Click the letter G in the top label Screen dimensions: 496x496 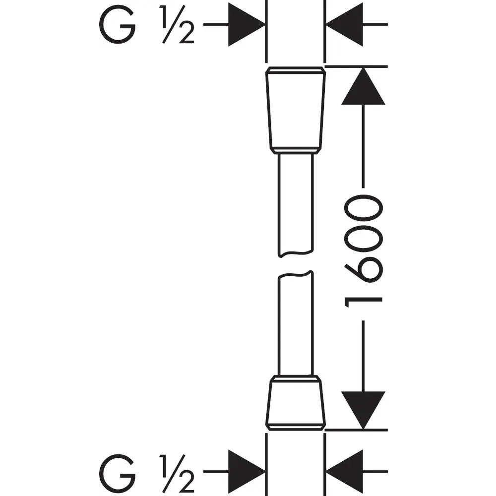pos(118,25)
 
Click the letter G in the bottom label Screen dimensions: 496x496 pos(118,473)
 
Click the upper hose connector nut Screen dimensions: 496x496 pos(296,107)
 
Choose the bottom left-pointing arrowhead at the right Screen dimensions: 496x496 pos(345,471)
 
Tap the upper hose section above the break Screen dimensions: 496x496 pos(296,203)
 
